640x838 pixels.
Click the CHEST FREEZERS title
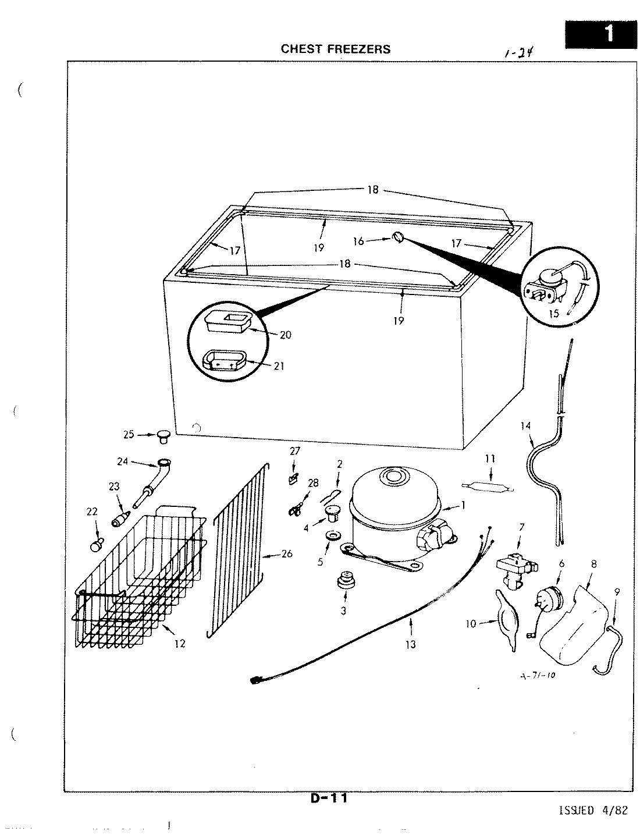coord(336,49)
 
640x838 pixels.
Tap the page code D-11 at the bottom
coord(329,798)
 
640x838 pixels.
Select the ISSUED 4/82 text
coord(593,811)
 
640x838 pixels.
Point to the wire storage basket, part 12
coord(140,582)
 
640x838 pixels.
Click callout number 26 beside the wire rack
coord(286,554)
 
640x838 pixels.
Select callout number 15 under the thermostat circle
coord(553,314)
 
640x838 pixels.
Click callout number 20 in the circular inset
coord(286,335)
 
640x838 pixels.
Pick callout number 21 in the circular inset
coord(279,366)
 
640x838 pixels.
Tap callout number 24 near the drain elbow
coord(123,462)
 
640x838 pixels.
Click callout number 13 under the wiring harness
coord(411,644)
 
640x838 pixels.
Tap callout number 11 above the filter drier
coord(490,459)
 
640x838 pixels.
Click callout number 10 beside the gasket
coord(471,624)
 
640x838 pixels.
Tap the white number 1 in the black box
coord(608,33)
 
